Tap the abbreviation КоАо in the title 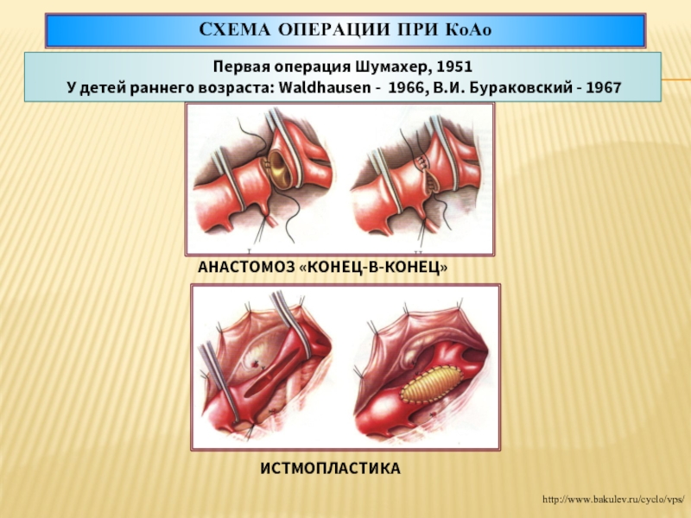[468, 30]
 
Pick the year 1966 [406, 87]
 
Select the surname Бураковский [518, 87]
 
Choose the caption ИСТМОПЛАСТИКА [330, 468]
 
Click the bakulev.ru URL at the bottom [613, 499]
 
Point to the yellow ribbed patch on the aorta [432, 384]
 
